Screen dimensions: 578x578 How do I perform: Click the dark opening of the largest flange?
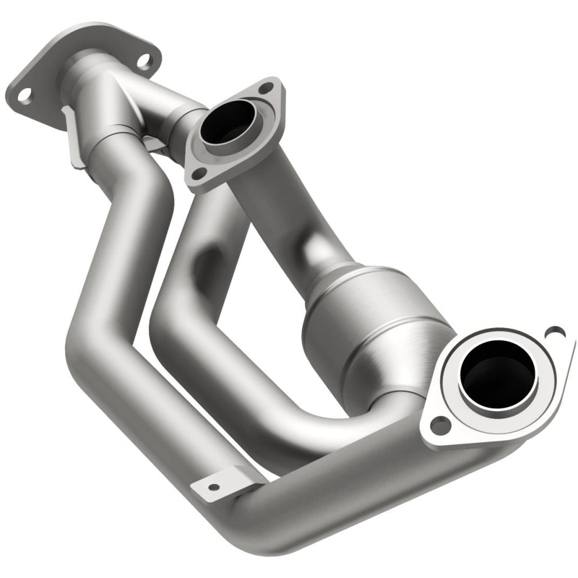pos(498,373)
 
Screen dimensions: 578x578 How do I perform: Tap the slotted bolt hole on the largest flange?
pos(554,333)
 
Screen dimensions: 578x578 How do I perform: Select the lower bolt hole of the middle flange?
pos(196,174)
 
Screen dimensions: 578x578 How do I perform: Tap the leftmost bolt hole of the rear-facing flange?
pos(23,95)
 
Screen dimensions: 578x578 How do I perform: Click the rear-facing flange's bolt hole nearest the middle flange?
pos(148,61)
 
